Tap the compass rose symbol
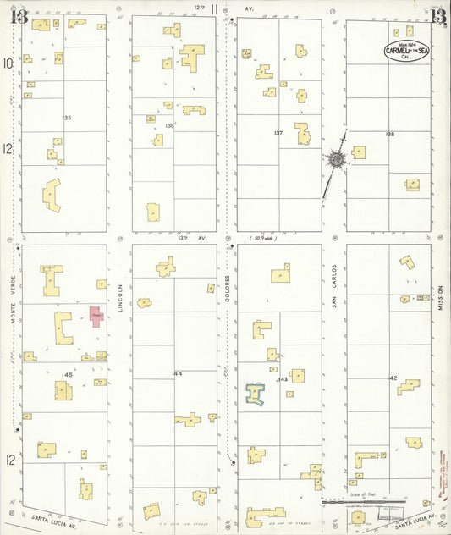(x=336, y=159)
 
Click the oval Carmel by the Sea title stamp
(x=407, y=52)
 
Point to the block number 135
(x=67, y=117)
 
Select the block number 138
(x=390, y=135)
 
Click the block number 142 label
(x=392, y=378)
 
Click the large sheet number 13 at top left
(x=19, y=16)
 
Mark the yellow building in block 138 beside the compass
(x=359, y=153)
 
